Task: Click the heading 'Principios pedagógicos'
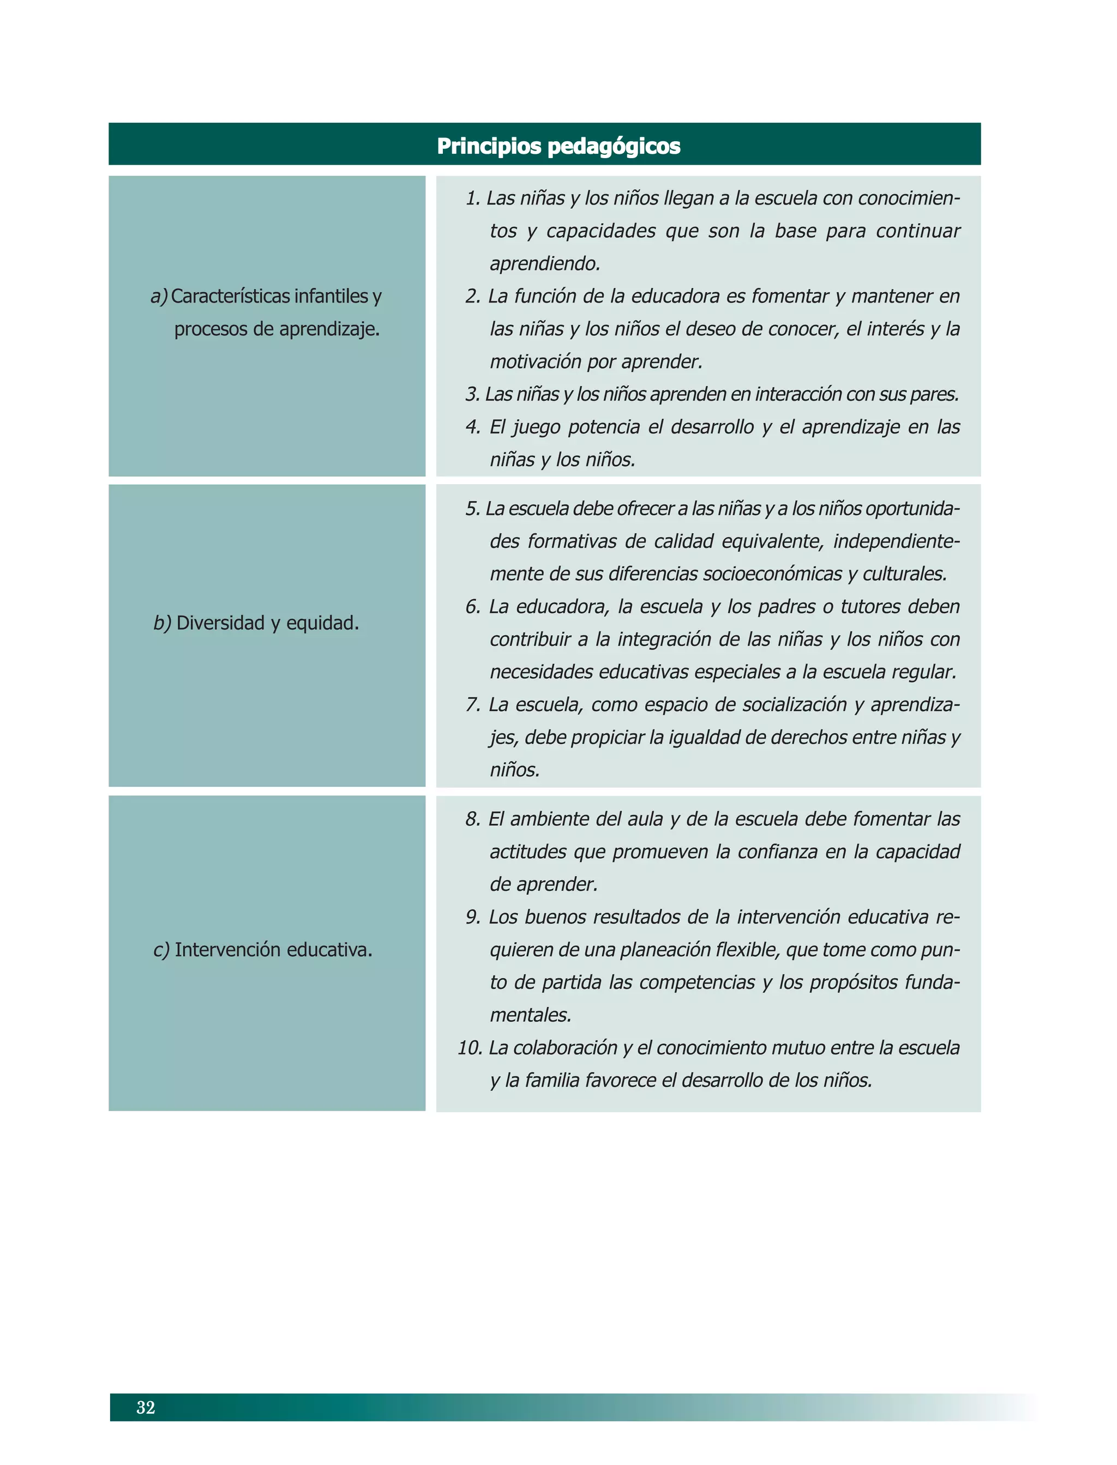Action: [x=558, y=146]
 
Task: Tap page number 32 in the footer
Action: [x=146, y=1407]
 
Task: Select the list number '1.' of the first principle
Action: [x=473, y=198]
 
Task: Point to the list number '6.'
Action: [x=473, y=606]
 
